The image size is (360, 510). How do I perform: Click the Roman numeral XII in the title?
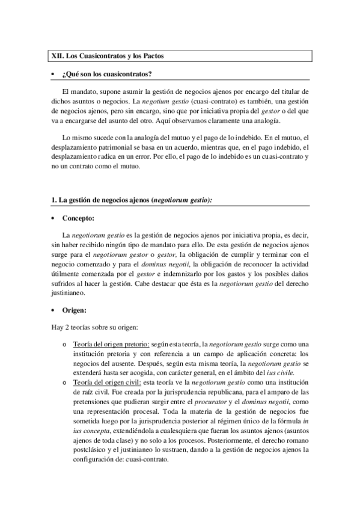56,55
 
